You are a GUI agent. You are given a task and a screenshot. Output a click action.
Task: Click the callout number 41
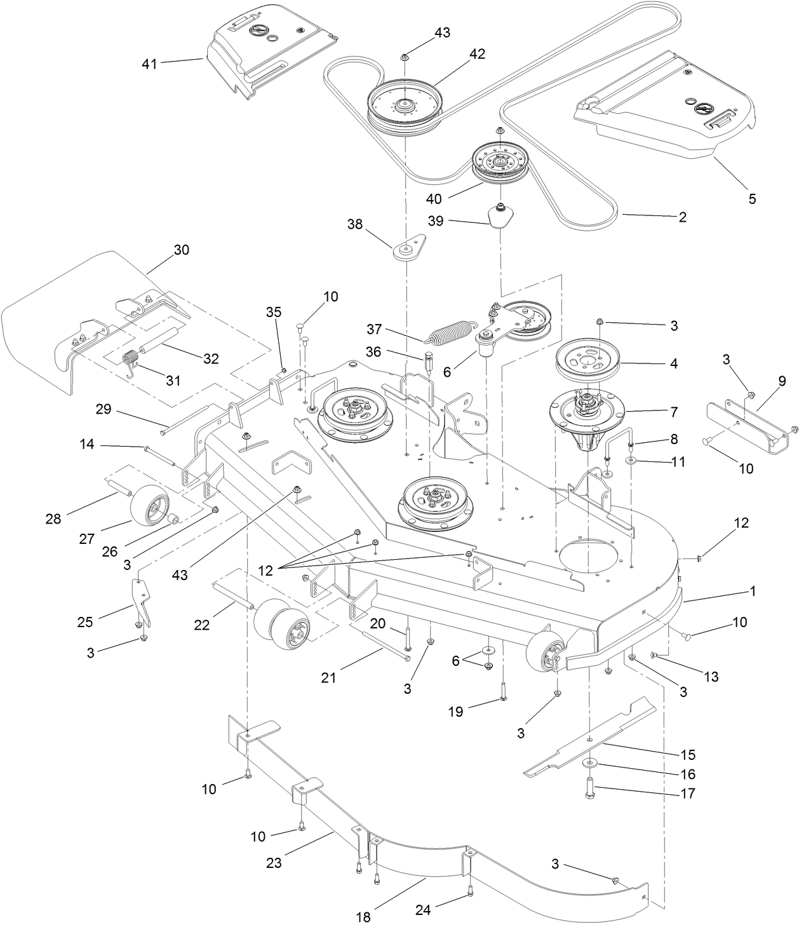coord(149,64)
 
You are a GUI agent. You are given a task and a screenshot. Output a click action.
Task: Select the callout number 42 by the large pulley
coord(477,54)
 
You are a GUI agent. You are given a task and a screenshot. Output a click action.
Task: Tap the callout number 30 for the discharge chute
coord(182,250)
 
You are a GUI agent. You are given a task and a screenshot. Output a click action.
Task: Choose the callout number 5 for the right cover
coord(752,199)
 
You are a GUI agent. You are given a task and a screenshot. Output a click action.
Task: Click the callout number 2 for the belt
coord(682,217)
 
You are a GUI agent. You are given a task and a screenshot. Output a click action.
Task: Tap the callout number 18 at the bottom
coord(363,917)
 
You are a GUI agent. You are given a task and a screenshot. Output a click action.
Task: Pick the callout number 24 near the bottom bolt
coord(423,910)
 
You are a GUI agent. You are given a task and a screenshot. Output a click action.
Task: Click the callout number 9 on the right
coord(782,381)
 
